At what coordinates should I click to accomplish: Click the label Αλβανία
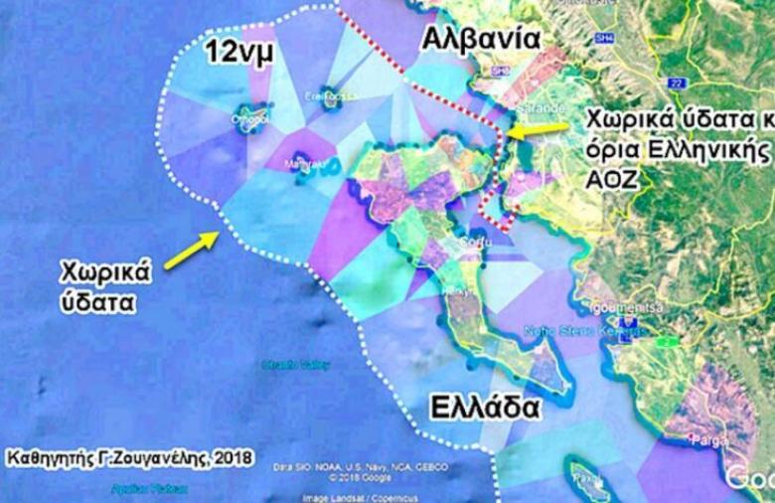pos(481,39)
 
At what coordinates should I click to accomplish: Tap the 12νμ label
pos(237,54)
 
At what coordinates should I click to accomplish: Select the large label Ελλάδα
pos(486,408)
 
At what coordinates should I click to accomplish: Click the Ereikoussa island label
pos(329,96)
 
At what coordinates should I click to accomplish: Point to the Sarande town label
pos(541,107)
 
